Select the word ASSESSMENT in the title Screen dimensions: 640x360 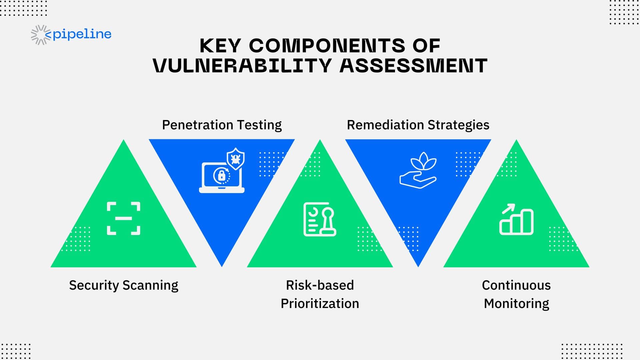[414, 65]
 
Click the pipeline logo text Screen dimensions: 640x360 [82, 34]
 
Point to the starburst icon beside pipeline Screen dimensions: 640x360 [41, 35]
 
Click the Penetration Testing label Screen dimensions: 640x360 [222, 125]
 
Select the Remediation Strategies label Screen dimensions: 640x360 [418, 125]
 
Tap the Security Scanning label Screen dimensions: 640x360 [124, 285]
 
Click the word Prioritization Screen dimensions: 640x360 [320, 304]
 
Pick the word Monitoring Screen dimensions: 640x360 [516, 304]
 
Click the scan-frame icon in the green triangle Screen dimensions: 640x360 [124, 218]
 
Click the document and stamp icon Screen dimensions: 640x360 [320, 219]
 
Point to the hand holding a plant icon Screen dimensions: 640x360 [418, 170]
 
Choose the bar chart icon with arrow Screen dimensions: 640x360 [516, 219]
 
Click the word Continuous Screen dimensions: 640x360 [516, 285]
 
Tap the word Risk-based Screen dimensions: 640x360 [320, 285]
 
